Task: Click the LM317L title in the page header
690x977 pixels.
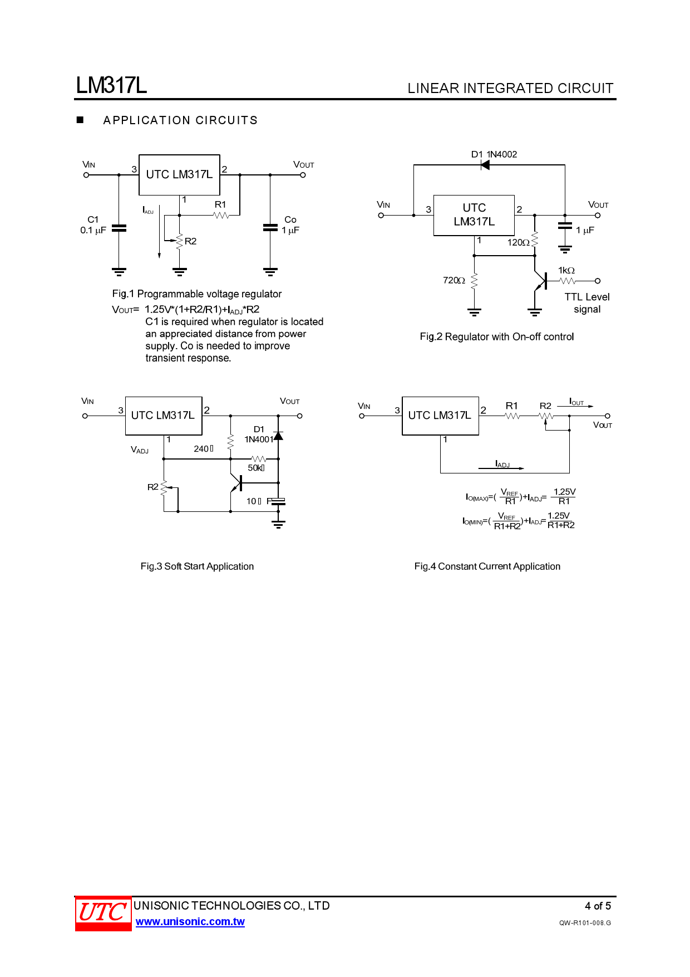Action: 111,85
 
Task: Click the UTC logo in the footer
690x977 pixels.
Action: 103,913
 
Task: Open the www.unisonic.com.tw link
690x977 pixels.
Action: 190,922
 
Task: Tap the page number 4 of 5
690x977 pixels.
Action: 598,906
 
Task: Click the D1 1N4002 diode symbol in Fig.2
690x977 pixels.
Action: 485,165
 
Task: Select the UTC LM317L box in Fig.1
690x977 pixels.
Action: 179,174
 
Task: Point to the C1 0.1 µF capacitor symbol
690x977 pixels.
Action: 119,228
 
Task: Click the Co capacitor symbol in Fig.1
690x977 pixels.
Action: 270,227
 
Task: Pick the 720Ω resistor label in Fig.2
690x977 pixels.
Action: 454,281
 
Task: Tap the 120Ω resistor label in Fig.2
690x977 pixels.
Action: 518,243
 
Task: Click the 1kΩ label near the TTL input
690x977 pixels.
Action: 566,271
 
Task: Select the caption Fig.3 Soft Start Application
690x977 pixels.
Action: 197,566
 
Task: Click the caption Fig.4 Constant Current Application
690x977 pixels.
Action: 487,566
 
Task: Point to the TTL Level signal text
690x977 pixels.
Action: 587,303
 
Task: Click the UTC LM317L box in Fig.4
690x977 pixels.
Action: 440,416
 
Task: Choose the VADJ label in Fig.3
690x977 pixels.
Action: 140,450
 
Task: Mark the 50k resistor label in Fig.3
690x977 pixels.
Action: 256,468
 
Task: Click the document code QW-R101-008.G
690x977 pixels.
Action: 585,923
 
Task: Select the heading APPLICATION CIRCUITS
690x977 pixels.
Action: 180,120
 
